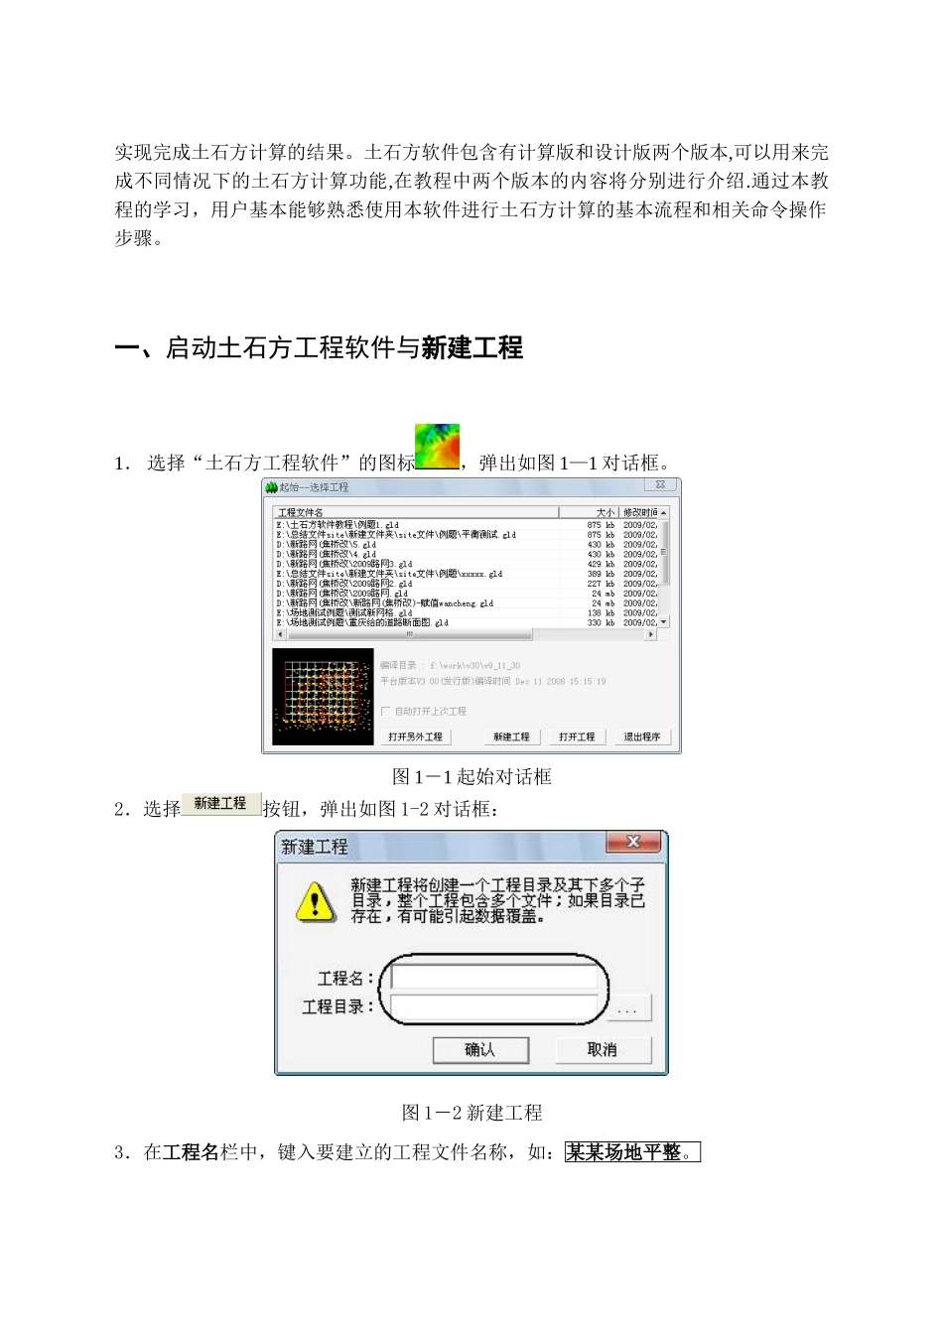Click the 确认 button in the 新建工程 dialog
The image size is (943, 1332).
480,1049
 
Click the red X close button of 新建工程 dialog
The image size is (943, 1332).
632,843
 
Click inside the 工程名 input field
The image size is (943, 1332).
494,978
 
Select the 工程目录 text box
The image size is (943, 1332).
494,1006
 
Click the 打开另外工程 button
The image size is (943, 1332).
415,736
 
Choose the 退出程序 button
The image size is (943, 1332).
642,736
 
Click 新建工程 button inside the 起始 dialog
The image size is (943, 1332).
511,736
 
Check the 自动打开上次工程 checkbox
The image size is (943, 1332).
386,711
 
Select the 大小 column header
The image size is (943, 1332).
606,512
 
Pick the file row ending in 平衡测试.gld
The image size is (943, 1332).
397,535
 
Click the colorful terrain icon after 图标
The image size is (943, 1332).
437,447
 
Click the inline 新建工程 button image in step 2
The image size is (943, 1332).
220,804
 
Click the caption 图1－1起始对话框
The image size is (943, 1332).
471,776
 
